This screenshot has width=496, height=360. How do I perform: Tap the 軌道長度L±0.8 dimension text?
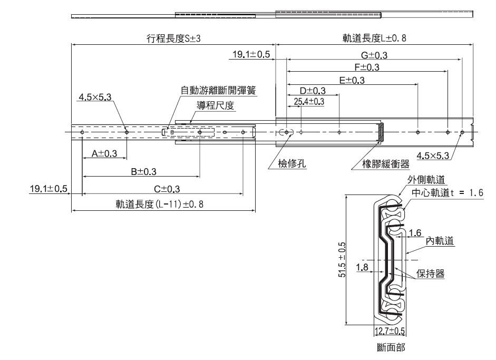(x=375, y=38)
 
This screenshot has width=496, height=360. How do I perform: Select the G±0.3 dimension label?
(x=374, y=55)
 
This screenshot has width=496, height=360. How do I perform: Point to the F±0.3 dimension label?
(x=367, y=67)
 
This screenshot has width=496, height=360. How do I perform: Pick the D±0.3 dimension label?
(x=313, y=91)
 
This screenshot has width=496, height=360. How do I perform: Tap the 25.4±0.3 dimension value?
(x=309, y=101)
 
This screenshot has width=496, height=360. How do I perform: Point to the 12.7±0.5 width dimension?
(x=390, y=331)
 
